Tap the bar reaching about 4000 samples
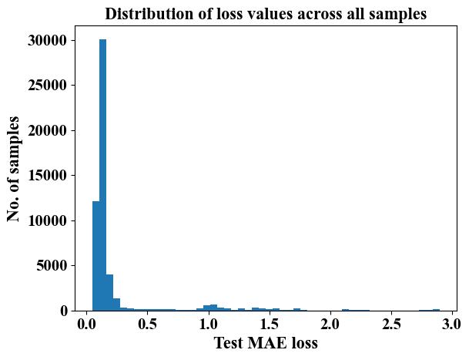pos(109,292)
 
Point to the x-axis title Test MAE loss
pos(265,344)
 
